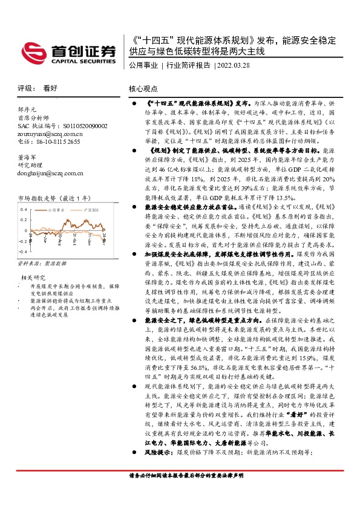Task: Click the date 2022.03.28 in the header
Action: coord(234,65)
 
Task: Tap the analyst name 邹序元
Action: coord(27,110)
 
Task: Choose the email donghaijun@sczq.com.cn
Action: coord(51,173)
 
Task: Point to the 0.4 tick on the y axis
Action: coord(24,209)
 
